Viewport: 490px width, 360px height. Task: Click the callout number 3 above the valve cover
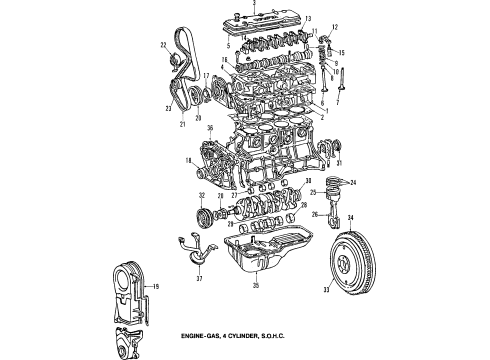point(255,5)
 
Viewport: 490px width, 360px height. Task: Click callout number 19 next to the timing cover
point(155,287)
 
